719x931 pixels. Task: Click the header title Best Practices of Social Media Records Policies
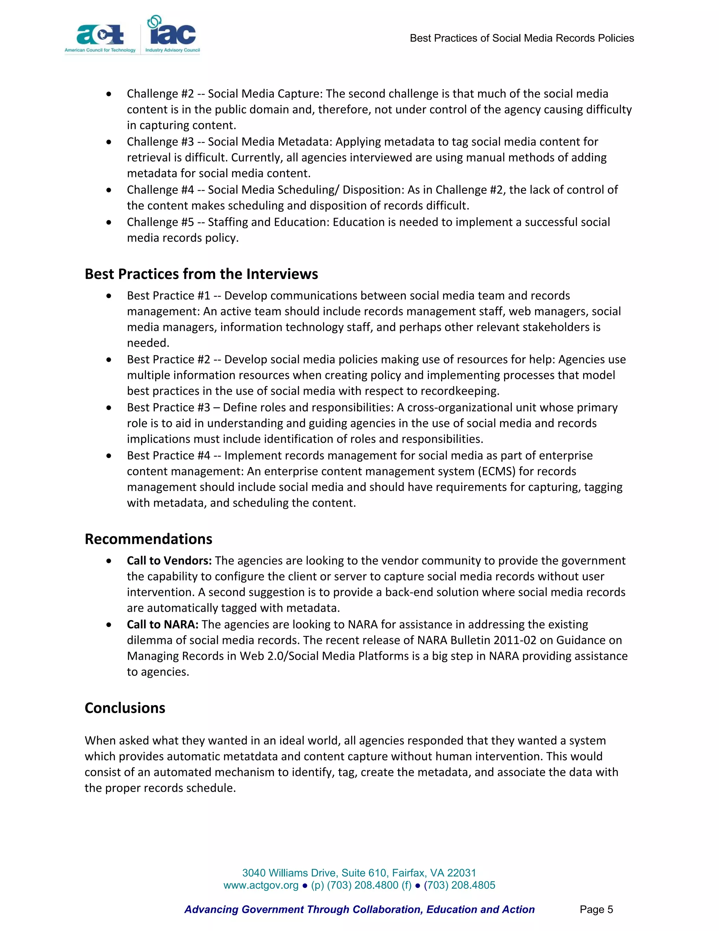click(x=521, y=38)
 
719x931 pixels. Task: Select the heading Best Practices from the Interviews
click(x=201, y=274)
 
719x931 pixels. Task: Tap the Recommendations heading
click(x=148, y=539)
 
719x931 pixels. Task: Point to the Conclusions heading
click(x=125, y=708)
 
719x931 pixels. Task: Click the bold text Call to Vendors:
click(x=169, y=561)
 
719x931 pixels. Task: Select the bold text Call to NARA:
click(x=163, y=625)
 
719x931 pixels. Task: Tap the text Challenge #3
click(x=160, y=142)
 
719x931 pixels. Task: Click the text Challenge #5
click(x=160, y=222)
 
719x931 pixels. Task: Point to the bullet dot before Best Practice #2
click(x=110, y=360)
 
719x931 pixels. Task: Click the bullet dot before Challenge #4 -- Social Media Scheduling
click(x=110, y=190)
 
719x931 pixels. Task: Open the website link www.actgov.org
click(x=261, y=885)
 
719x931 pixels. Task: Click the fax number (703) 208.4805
click(x=459, y=885)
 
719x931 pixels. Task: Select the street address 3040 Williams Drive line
click(x=359, y=873)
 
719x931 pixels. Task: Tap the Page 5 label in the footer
click(x=596, y=910)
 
